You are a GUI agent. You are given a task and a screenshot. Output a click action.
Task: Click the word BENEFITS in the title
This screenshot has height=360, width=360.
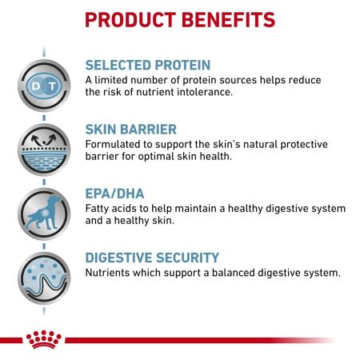click(x=233, y=19)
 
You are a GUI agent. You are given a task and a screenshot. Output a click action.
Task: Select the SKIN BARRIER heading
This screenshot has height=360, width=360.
click(x=132, y=129)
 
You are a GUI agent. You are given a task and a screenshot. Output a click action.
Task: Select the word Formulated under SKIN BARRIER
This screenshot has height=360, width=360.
click(x=116, y=144)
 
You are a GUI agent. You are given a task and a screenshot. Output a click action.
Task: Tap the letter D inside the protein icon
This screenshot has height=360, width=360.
click(x=36, y=84)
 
